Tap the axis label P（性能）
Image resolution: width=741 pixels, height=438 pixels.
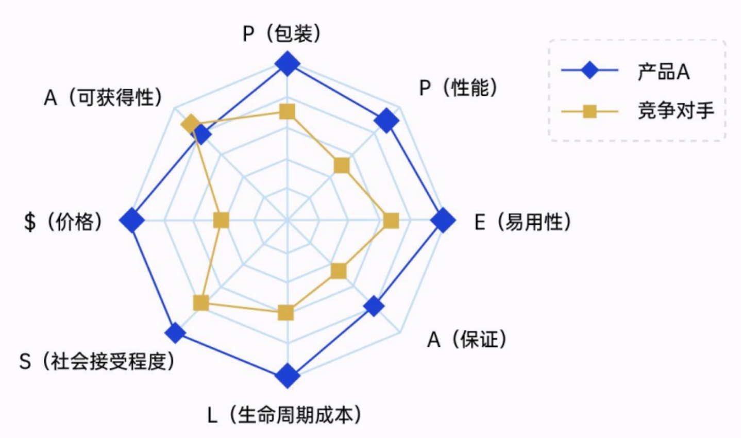point(458,88)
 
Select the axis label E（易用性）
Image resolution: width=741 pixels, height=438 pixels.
point(523,222)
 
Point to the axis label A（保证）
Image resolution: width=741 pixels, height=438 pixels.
point(467,340)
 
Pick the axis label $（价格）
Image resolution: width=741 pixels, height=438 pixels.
point(63,222)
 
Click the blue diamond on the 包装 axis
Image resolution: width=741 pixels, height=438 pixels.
point(287,64)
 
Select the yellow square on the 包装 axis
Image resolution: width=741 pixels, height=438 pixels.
point(287,111)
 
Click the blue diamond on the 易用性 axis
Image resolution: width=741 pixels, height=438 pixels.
point(443,221)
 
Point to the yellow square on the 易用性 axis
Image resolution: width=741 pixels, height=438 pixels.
point(392,221)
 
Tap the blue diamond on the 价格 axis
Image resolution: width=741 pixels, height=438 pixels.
point(132,220)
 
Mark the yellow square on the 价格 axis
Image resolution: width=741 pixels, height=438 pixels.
point(221,220)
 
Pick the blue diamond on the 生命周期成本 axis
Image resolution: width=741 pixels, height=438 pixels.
point(287,376)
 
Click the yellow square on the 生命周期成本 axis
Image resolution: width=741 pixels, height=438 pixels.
point(286,313)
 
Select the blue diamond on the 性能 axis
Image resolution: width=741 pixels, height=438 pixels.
point(386,121)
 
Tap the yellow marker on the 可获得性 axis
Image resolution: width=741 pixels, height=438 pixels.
point(190,124)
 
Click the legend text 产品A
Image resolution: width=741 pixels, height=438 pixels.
point(664,72)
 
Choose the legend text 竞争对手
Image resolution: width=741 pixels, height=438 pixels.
point(676,111)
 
